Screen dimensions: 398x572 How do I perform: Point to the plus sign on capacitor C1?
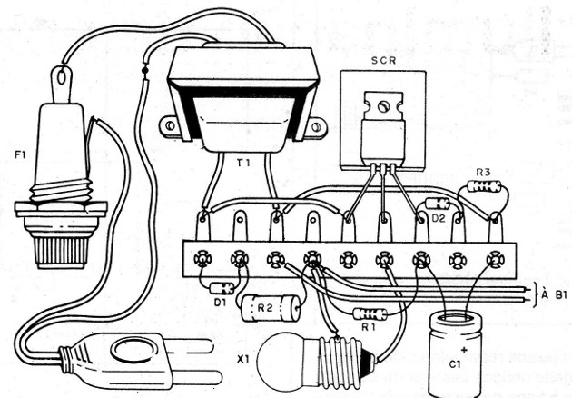[x=465, y=348]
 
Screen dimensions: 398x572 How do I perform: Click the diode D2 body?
[x=437, y=204]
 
